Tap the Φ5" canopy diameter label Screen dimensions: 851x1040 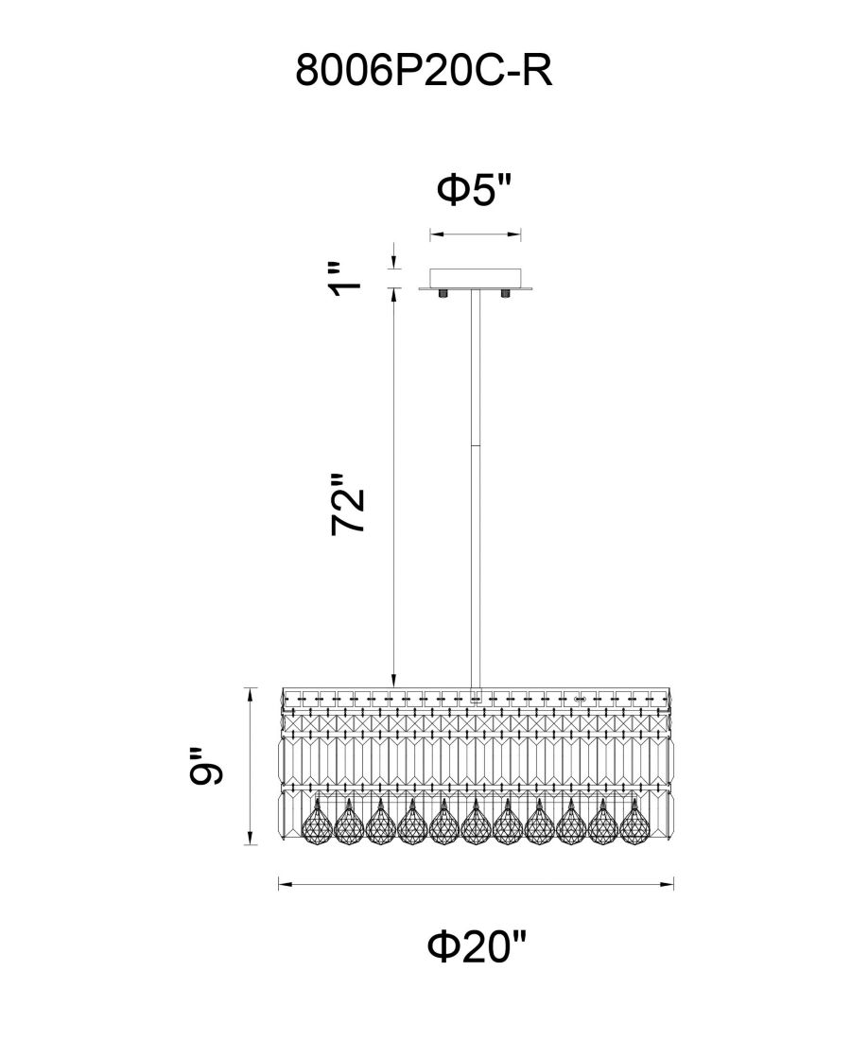tap(475, 190)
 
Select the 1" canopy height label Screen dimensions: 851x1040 tap(346, 279)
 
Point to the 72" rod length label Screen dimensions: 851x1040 tap(348, 504)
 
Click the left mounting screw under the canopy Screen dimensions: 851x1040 tap(443, 294)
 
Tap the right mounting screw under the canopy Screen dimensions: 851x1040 tap(506, 294)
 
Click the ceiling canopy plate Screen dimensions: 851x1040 tap(476, 279)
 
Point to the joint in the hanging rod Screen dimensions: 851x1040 tap(475, 445)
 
